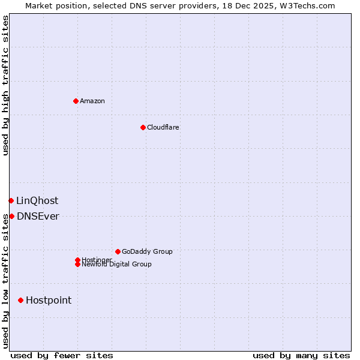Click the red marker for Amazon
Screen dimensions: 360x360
tap(76, 101)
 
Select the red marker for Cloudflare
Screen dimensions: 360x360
tap(143, 127)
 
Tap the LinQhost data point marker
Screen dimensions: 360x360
tap(11, 200)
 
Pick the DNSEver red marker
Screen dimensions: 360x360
tap(11, 216)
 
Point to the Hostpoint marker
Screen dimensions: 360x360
tap(21, 300)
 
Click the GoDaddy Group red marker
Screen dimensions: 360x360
tap(118, 251)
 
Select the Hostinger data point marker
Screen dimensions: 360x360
tap(77, 260)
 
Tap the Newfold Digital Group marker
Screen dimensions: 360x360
tap(77, 265)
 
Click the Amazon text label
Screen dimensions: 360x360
tap(92, 101)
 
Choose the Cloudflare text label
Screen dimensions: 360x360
tap(163, 127)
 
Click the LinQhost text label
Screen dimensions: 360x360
tap(37, 201)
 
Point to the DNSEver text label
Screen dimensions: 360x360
tap(38, 217)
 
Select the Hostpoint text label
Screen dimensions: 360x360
tap(49, 301)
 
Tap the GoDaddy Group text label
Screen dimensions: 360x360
tap(147, 251)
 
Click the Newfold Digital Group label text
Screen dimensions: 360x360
tap(116, 265)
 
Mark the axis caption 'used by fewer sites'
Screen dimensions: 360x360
tap(62, 355)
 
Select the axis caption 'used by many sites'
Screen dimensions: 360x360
tap(301, 355)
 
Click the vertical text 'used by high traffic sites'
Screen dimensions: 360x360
tap(5, 85)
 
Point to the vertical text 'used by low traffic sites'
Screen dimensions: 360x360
tap(5, 281)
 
